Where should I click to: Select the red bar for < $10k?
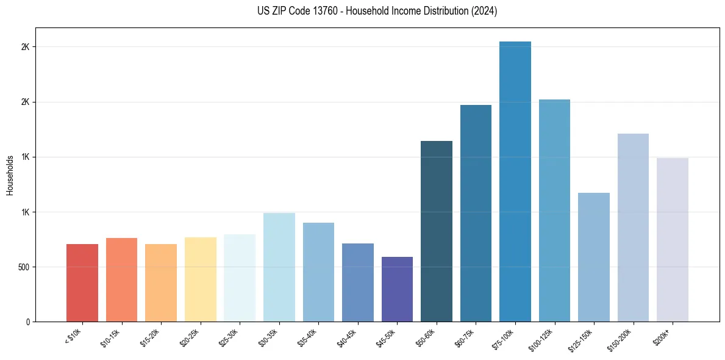[82, 283]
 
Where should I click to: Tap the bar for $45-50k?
[397, 289]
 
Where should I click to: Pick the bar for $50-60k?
[437, 231]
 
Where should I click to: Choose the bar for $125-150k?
[594, 257]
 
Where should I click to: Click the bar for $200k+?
[673, 240]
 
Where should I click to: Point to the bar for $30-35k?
[279, 267]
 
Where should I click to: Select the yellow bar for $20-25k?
[201, 279]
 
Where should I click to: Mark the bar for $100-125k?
[554, 211]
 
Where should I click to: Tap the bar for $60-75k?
[476, 214]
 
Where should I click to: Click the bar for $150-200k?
[633, 228]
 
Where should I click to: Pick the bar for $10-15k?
[121, 280]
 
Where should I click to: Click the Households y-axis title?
[10, 175]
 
